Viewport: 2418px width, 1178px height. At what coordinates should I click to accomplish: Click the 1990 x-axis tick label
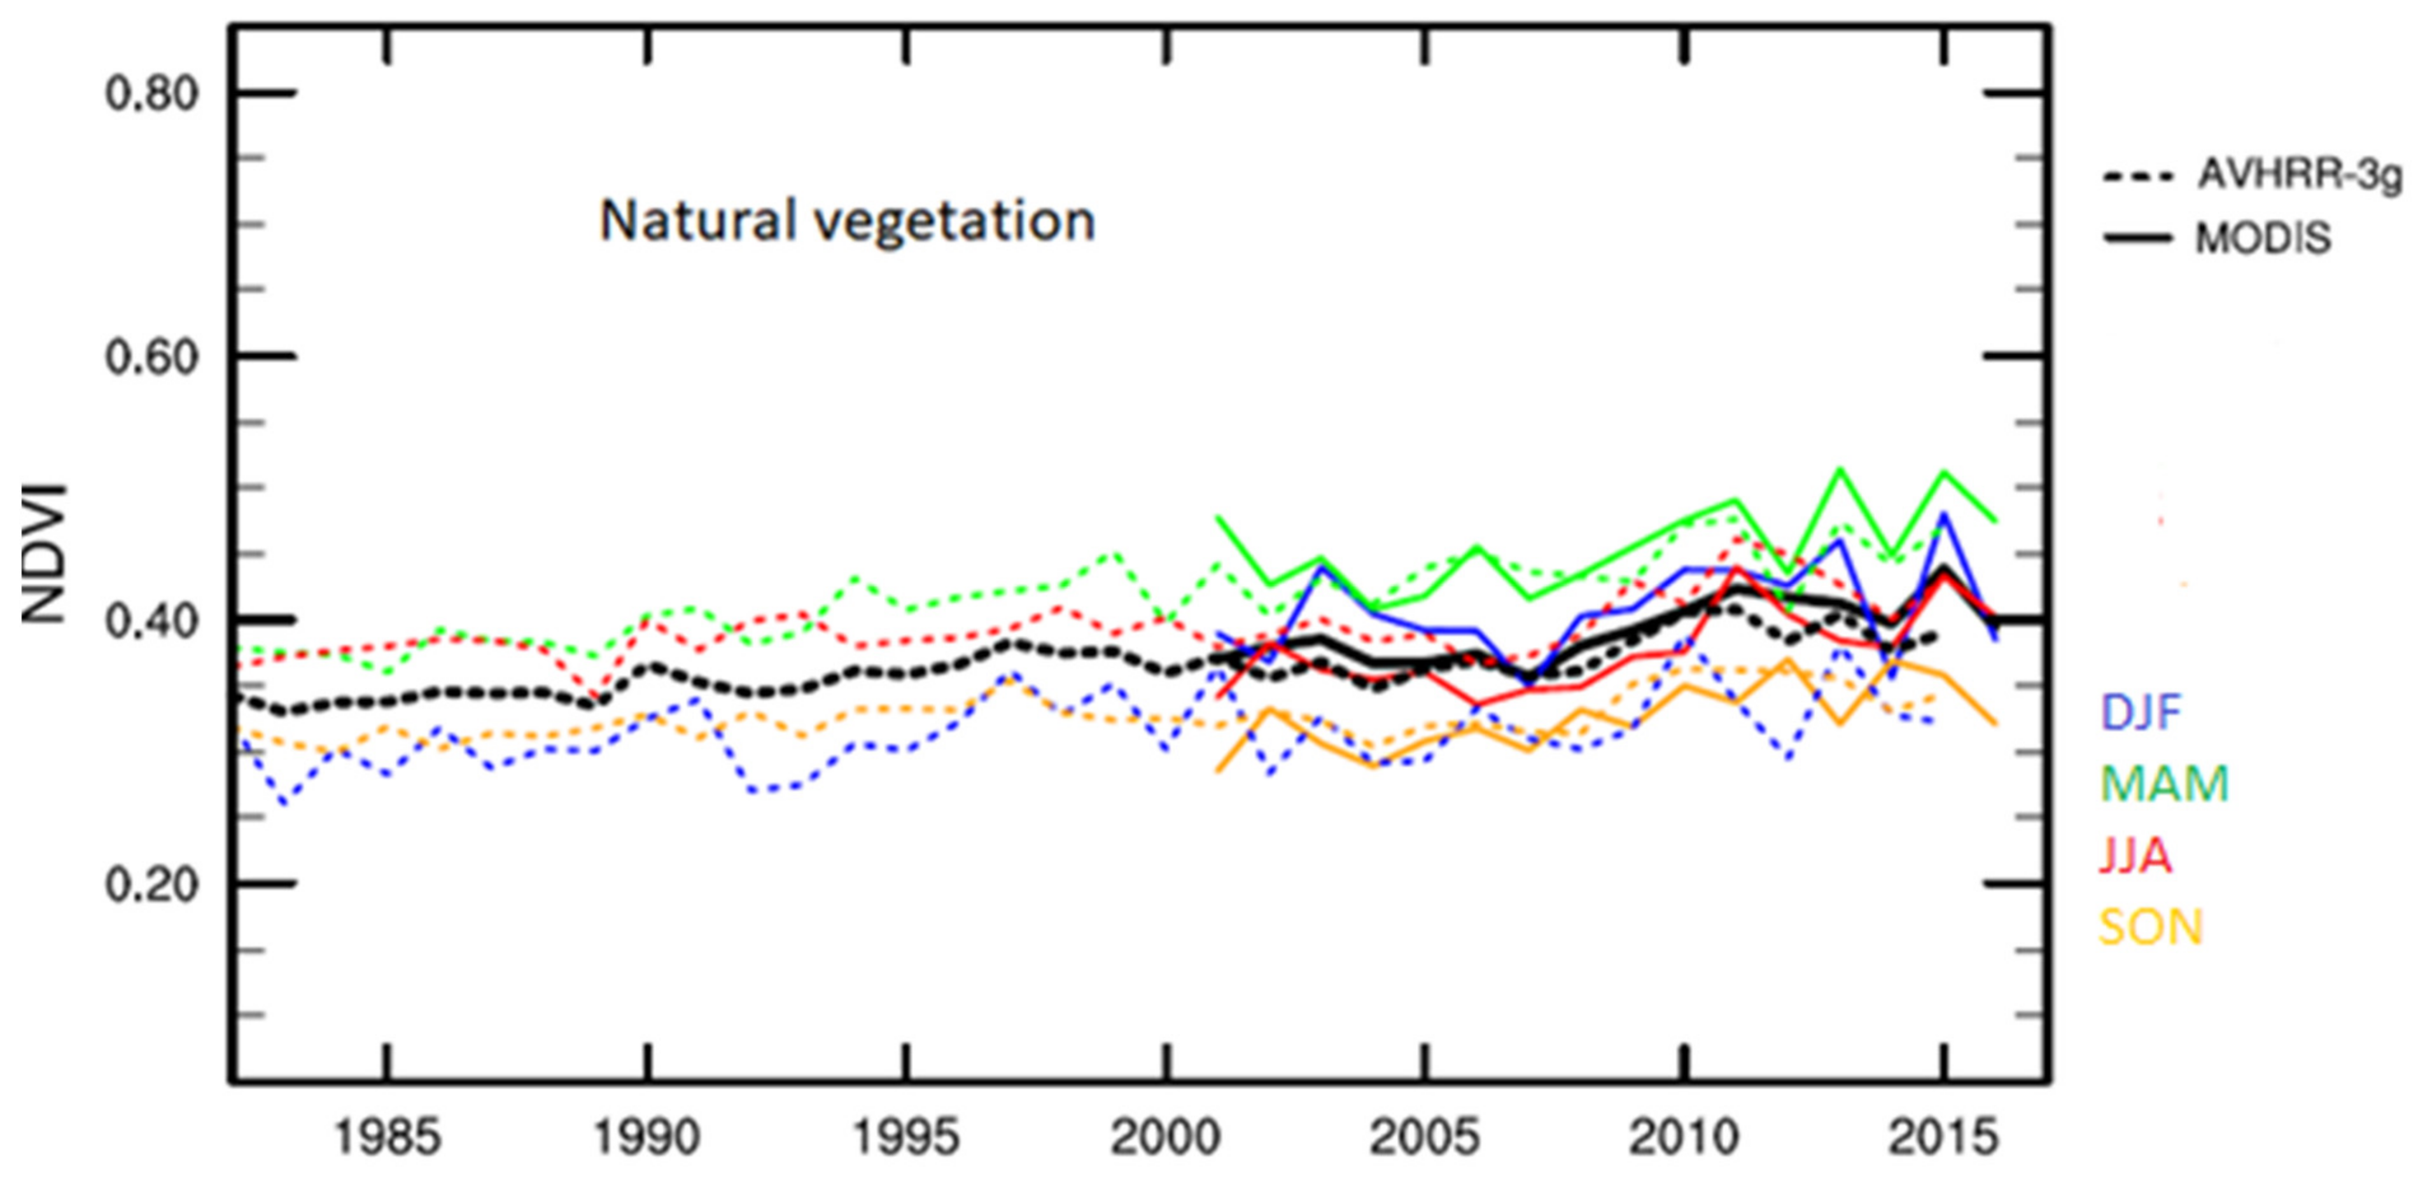[x=646, y=1138]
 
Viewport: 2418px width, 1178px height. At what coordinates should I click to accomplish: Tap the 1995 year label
[x=906, y=1138]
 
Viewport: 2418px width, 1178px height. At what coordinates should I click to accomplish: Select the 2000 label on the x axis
[x=1165, y=1138]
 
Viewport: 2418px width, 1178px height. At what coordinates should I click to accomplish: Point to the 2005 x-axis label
[x=1424, y=1138]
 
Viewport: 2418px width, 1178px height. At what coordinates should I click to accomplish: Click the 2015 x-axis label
[x=1943, y=1138]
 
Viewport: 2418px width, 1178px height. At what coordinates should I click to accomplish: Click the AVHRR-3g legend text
[x=2299, y=174]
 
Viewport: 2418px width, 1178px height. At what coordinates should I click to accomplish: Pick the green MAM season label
[x=2163, y=784]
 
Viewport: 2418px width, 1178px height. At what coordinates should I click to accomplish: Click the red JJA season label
[x=2135, y=856]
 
